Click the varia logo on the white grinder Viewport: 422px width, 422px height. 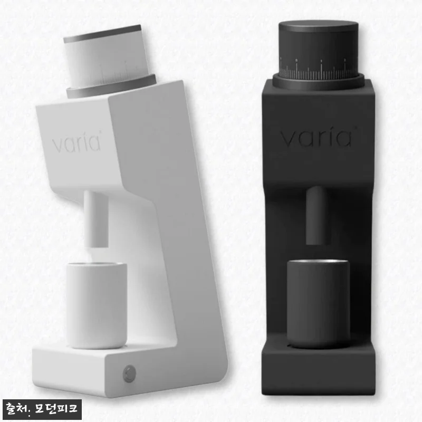(x=76, y=142)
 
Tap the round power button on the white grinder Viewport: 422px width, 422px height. (x=129, y=373)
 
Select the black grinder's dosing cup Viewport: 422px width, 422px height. (x=318, y=303)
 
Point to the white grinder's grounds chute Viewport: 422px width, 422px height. (x=96, y=218)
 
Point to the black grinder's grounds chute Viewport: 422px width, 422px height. (x=317, y=215)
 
